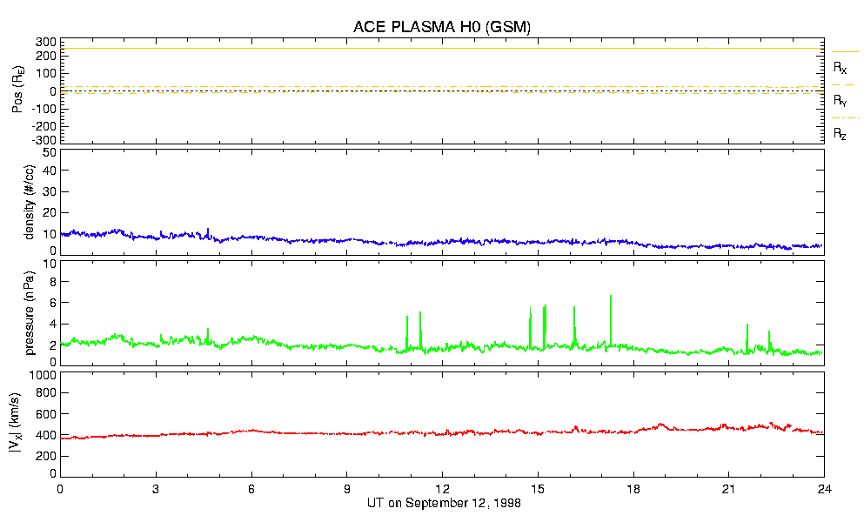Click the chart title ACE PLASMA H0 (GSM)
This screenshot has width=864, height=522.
tap(442, 27)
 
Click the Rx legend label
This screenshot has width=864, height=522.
tap(841, 67)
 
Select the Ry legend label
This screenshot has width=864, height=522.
tap(841, 101)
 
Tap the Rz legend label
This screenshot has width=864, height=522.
tap(841, 134)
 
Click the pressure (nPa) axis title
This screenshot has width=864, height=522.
tap(29, 312)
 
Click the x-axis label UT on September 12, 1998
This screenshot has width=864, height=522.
tap(443, 503)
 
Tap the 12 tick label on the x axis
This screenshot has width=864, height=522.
tap(443, 490)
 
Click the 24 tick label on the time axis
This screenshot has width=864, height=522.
tap(825, 490)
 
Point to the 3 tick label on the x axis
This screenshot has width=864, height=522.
tap(156, 490)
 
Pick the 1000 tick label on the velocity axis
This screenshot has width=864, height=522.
tap(44, 375)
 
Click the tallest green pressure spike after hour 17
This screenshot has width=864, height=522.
tap(611, 298)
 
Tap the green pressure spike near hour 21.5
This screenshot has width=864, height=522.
tap(747, 326)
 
